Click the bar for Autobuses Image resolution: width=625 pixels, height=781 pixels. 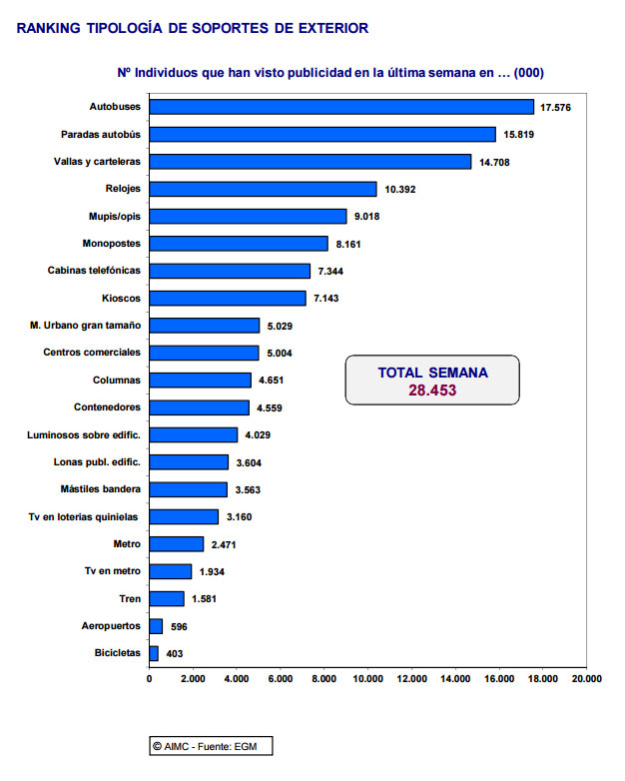(x=341, y=107)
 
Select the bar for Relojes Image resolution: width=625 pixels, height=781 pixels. (x=263, y=189)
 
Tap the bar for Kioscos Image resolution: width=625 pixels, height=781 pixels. (x=228, y=298)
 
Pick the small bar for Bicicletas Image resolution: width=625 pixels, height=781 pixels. (x=154, y=653)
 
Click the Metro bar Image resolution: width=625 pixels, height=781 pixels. (x=177, y=544)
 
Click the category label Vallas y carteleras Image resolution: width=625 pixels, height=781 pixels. (x=97, y=162)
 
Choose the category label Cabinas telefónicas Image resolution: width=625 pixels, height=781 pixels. (x=94, y=271)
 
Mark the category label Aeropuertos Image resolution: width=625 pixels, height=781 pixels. (x=111, y=626)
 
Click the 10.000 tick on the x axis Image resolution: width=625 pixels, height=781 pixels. (x=367, y=678)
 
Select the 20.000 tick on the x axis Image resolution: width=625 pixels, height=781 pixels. (x=586, y=678)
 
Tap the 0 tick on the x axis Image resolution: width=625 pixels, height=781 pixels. (x=149, y=678)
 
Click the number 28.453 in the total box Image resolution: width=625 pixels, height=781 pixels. (x=432, y=390)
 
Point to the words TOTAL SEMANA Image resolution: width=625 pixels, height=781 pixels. (x=432, y=373)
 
